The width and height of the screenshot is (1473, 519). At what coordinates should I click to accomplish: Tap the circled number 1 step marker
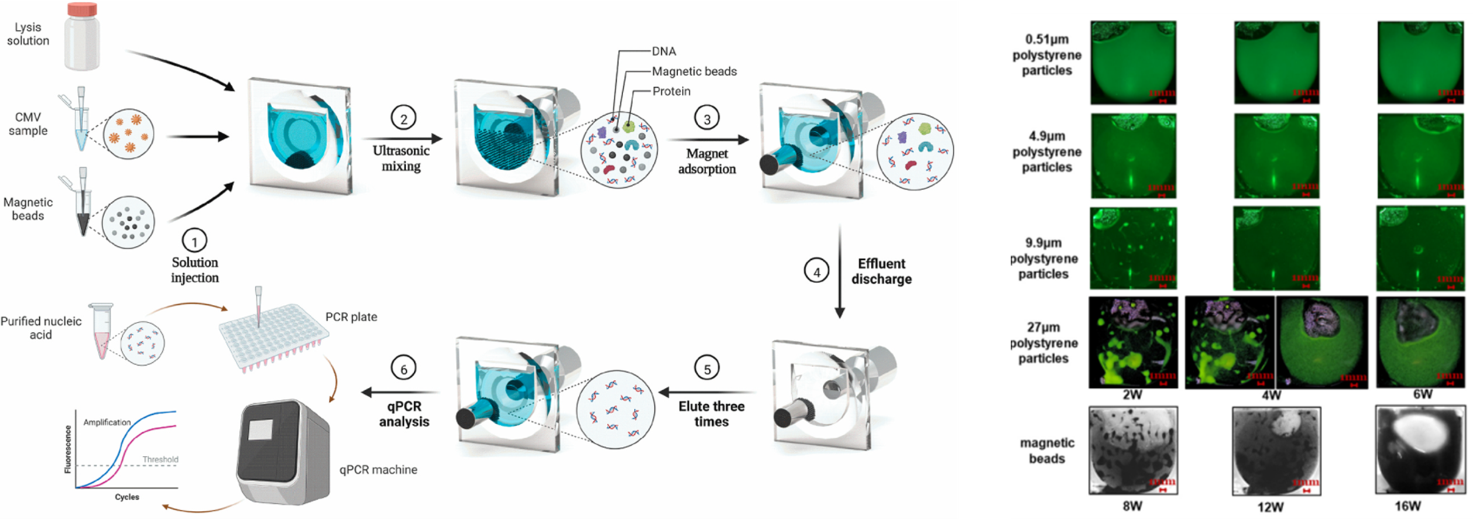(194, 240)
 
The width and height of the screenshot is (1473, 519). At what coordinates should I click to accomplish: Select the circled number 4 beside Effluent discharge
(816, 271)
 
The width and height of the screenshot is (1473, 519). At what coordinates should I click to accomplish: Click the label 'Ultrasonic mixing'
(401, 158)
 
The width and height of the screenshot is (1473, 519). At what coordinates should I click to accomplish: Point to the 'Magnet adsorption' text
(707, 161)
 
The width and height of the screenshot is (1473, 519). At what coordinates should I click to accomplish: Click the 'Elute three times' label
(712, 414)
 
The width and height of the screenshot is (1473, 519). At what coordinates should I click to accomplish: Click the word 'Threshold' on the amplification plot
(160, 459)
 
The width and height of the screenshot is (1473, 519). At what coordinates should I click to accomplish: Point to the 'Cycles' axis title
(127, 497)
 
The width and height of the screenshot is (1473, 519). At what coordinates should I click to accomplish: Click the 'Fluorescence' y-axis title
(68, 449)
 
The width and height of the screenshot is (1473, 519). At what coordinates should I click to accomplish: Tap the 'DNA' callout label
(664, 51)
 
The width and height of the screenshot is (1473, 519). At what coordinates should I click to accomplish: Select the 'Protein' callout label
(671, 91)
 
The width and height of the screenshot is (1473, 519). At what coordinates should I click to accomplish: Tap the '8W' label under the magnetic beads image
(1132, 506)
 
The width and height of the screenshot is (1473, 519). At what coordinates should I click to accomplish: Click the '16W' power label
(1407, 506)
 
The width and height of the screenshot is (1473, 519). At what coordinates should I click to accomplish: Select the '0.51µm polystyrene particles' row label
(1047, 55)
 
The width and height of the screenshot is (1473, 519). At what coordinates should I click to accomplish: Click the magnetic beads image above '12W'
(1276, 451)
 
